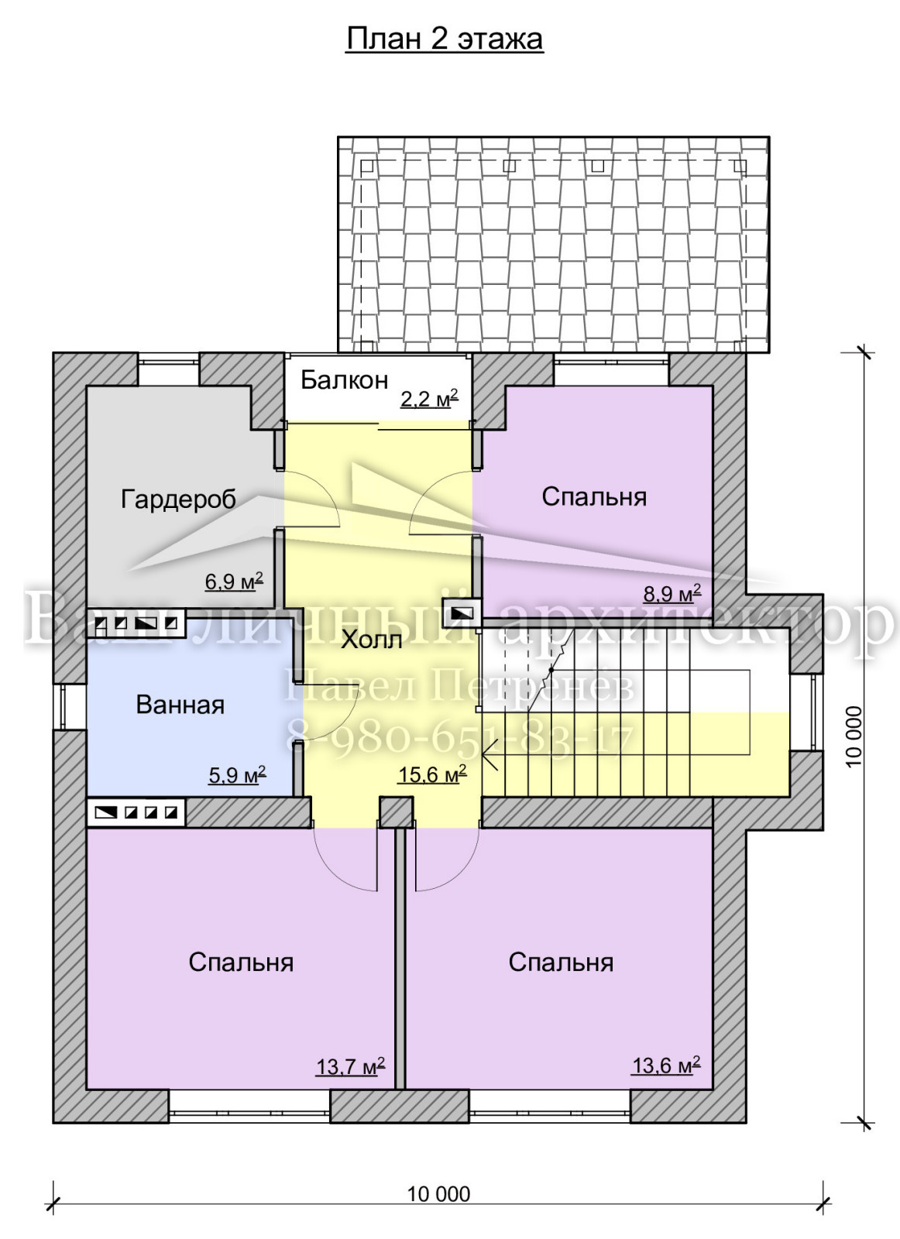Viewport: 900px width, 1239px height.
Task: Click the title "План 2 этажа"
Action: [445, 39]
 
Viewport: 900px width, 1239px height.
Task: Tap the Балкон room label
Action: [344, 380]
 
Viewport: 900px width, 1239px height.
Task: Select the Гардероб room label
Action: [178, 500]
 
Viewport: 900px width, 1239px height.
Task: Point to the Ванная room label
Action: [180, 705]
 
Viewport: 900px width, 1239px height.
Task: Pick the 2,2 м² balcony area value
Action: [429, 398]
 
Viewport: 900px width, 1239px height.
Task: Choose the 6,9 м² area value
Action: [233, 581]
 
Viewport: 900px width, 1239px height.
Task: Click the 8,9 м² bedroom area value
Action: [672, 593]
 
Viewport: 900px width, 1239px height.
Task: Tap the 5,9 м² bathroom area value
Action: [237, 774]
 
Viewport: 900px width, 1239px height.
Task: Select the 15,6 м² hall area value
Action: [431, 774]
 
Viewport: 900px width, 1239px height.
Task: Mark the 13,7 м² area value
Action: [351, 1066]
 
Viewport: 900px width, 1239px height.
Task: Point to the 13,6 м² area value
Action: [666, 1064]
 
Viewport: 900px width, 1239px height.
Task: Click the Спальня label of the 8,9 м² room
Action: [594, 497]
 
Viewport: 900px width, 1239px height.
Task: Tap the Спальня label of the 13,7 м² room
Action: [241, 963]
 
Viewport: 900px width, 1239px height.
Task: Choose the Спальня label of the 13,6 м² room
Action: [561, 963]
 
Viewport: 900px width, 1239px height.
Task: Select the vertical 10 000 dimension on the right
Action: [854, 736]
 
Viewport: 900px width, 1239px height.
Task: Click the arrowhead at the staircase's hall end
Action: [489, 754]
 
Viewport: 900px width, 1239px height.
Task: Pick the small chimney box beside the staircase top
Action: [462, 613]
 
